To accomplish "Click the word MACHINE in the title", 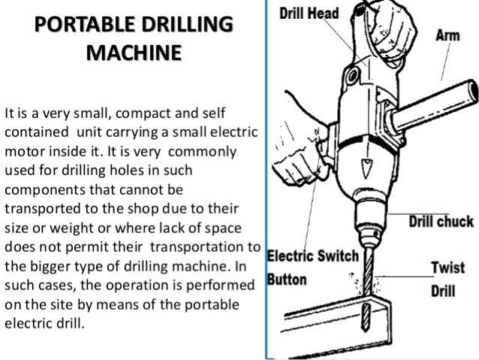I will (134, 54).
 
